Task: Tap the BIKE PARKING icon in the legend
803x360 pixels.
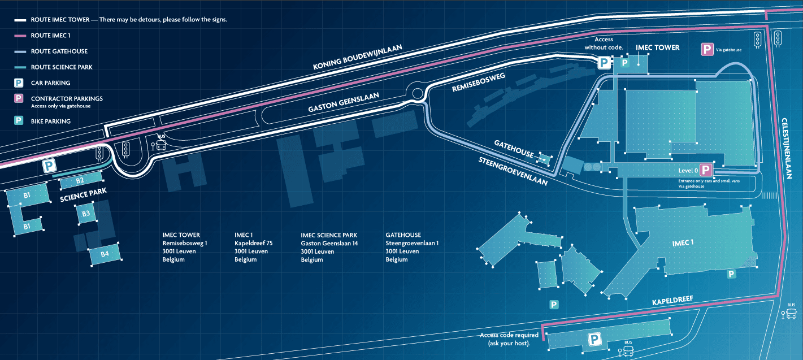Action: [x=19, y=120]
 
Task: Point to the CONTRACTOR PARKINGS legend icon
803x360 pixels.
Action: [x=19, y=99]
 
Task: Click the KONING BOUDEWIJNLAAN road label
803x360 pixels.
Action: [x=358, y=58]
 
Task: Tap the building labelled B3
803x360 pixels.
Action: [x=86, y=214]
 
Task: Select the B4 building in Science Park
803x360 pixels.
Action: [x=105, y=254]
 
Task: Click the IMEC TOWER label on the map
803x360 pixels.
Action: [x=658, y=48]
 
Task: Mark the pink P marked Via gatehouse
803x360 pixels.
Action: [x=706, y=50]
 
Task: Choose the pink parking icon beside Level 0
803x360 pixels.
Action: [x=706, y=170]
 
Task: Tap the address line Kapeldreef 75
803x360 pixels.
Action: [x=254, y=243]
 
